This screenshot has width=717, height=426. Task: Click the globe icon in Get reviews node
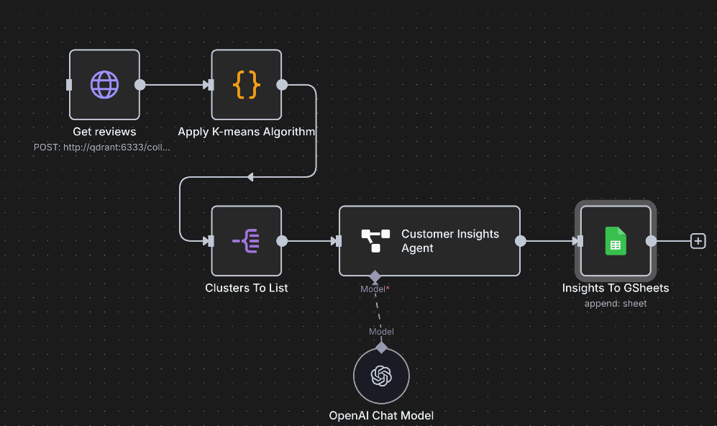click(x=104, y=85)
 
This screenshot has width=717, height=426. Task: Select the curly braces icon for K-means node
click(x=246, y=85)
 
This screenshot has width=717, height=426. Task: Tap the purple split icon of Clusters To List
click(x=246, y=241)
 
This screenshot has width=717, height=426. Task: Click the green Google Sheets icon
click(x=615, y=241)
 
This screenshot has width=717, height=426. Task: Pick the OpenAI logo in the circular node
click(x=381, y=376)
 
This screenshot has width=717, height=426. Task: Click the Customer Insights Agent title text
click(x=450, y=241)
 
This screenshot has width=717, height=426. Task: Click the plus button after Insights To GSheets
click(x=698, y=241)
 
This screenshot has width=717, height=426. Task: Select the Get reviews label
click(x=104, y=132)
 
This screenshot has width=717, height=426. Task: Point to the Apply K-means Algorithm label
click(x=247, y=132)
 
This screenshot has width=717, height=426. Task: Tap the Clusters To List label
click(x=246, y=288)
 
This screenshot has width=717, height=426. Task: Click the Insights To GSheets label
click(x=616, y=288)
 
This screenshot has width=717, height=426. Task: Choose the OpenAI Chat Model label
click(x=381, y=415)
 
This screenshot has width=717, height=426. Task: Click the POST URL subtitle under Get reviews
click(x=102, y=147)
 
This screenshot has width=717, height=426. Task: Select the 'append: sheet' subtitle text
click(x=616, y=304)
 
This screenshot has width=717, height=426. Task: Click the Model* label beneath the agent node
click(x=375, y=289)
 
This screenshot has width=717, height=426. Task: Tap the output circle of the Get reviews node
click(x=140, y=85)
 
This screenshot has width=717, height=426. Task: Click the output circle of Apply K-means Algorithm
click(x=283, y=85)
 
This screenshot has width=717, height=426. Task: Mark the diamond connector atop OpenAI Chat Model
click(x=381, y=348)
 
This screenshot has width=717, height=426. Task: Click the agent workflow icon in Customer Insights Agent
click(x=375, y=241)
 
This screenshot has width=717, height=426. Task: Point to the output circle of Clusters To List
click(x=283, y=241)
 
